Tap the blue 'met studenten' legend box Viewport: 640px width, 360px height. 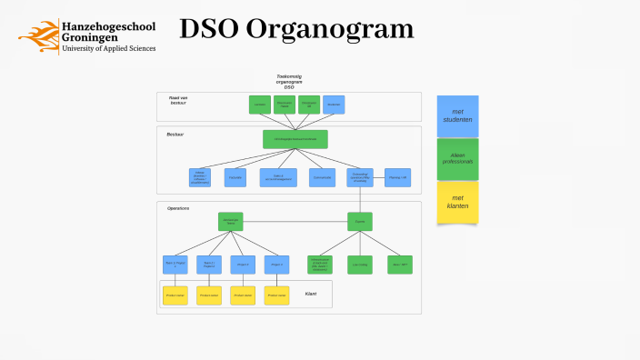(457, 116)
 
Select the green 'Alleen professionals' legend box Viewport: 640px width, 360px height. (457, 159)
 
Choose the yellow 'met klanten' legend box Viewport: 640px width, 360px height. (457, 202)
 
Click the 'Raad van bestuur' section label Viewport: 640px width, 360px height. (178, 100)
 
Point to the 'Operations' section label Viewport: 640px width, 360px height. (178, 208)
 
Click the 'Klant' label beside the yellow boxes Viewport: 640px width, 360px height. (310, 294)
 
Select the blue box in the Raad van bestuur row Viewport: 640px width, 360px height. (334, 105)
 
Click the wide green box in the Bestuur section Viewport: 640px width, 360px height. (295, 139)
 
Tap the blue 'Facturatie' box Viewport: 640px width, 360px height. (235, 177)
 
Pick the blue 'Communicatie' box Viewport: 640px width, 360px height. (322, 177)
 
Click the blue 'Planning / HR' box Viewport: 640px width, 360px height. (397, 177)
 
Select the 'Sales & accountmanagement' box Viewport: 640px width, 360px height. (278, 177)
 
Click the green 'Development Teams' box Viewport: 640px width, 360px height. (231, 221)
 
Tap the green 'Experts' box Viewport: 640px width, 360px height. (360, 221)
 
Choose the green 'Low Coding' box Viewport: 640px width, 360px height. (360, 265)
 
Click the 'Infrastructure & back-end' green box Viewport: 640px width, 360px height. (320, 265)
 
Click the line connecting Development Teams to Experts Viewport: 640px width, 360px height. (295, 221)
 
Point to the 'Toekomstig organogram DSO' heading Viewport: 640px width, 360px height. (289, 82)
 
